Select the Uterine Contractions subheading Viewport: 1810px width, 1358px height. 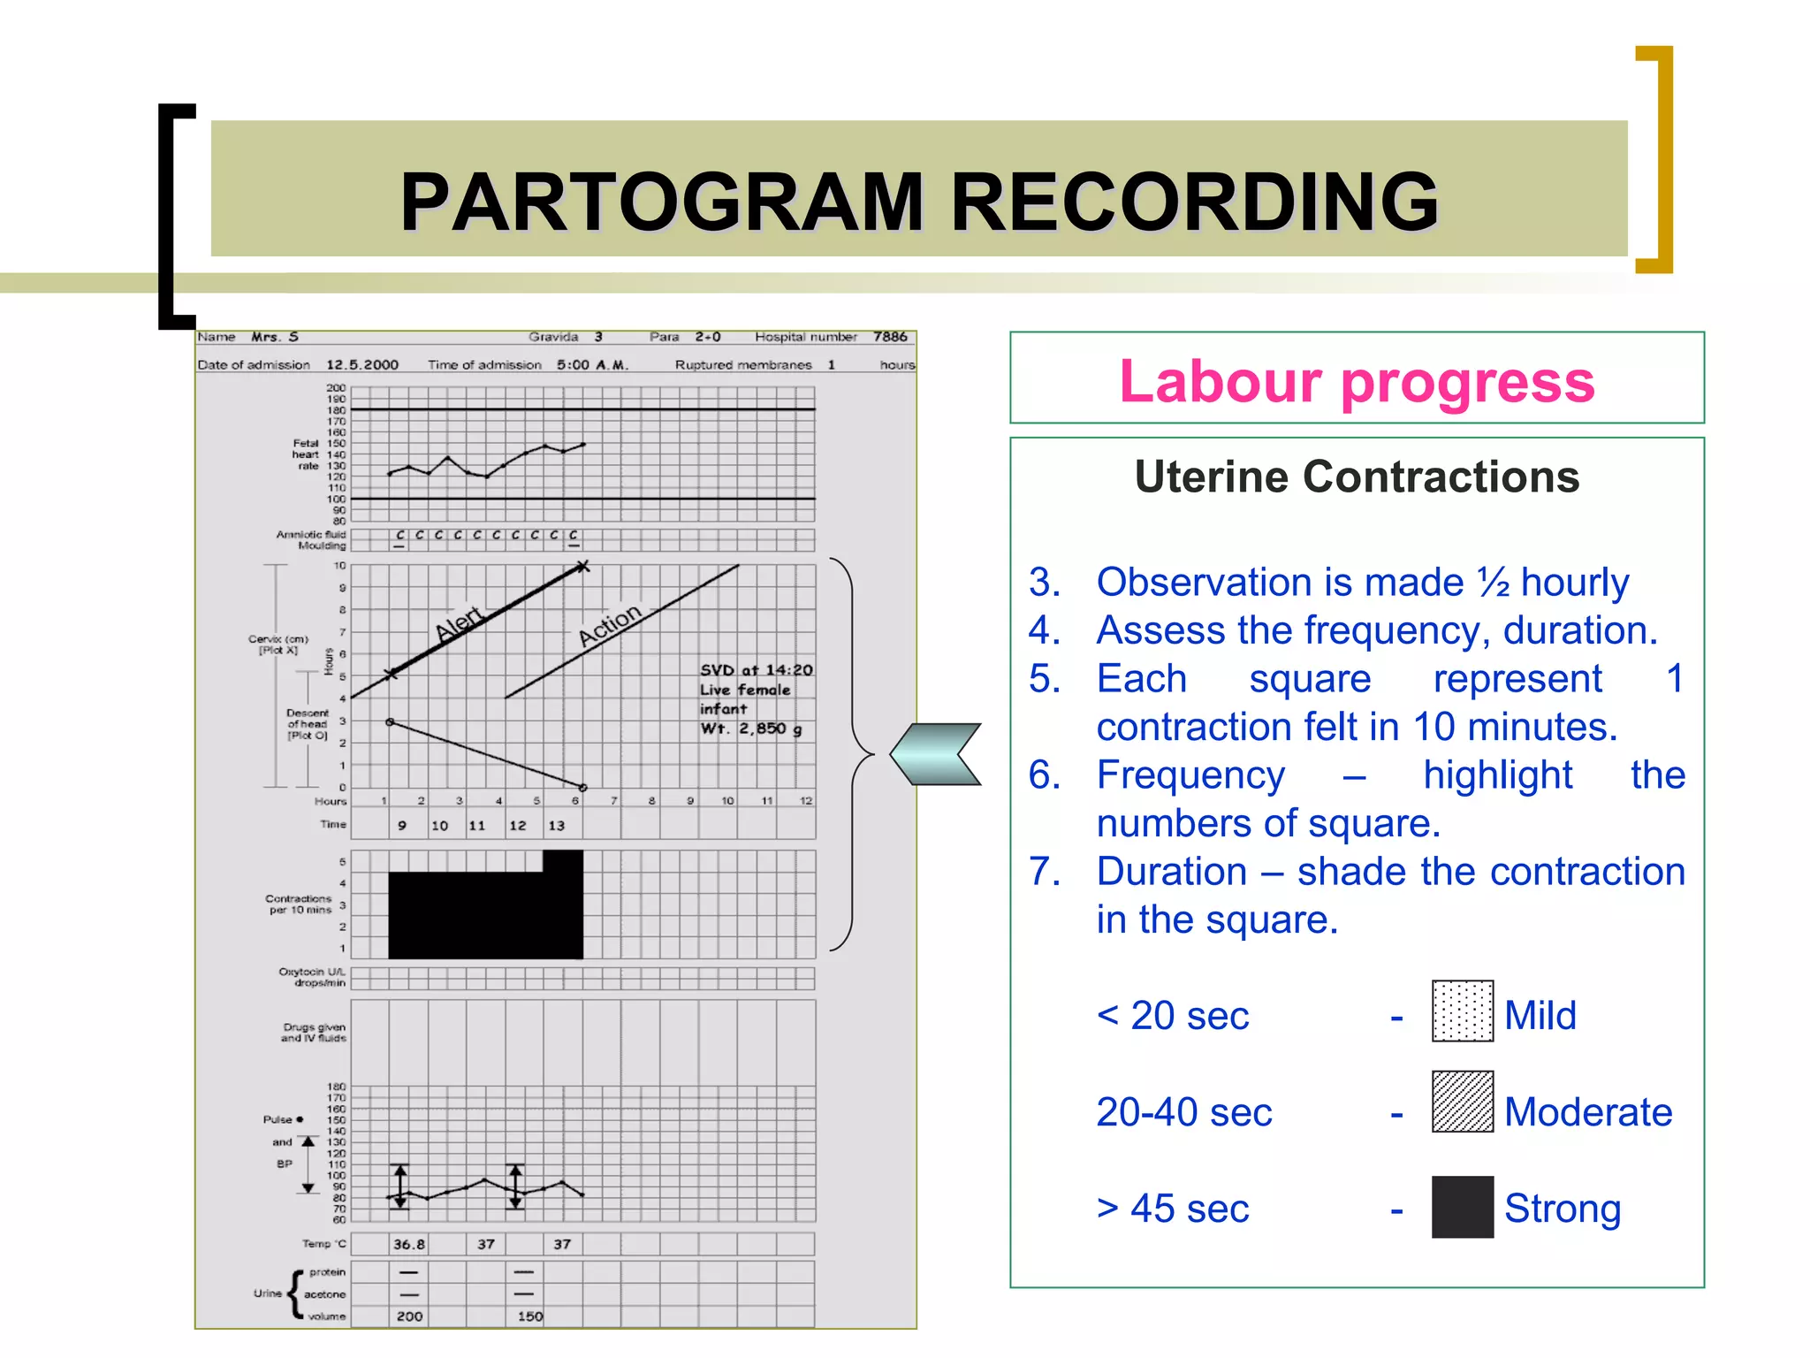(x=1357, y=477)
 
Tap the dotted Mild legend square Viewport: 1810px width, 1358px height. (x=1462, y=1011)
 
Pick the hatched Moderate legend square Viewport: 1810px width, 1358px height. (x=1462, y=1102)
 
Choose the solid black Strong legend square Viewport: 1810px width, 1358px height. (x=1462, y=1206)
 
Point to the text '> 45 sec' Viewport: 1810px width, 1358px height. (x=1173, y=1209)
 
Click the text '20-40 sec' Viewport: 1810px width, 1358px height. (x=1184, y=1112)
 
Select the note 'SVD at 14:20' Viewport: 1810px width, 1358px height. (x=757, y=670)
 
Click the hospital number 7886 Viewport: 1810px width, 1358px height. (x=890, y=337)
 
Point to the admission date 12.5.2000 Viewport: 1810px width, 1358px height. (x=362, y=364)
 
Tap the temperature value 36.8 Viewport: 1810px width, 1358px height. (x=408, y=1244)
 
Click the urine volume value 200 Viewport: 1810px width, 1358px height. (x=409, y=1316)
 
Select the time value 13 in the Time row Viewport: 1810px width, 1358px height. (x=556, y=825)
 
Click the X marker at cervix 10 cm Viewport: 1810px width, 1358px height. (x=582, y=566)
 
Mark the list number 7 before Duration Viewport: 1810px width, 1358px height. (x=1044, y=872)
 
